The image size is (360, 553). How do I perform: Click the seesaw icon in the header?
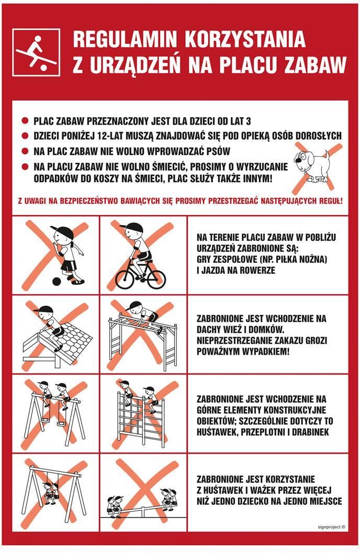pos(36,52)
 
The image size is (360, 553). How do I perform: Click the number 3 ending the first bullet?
pos(249,121)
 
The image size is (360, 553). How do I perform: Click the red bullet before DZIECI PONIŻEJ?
pos(25,136)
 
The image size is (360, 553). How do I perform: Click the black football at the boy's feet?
pos(57,281)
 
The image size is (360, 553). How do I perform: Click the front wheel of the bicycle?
pos(156,279)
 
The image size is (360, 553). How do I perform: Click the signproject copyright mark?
pos(331,527)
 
